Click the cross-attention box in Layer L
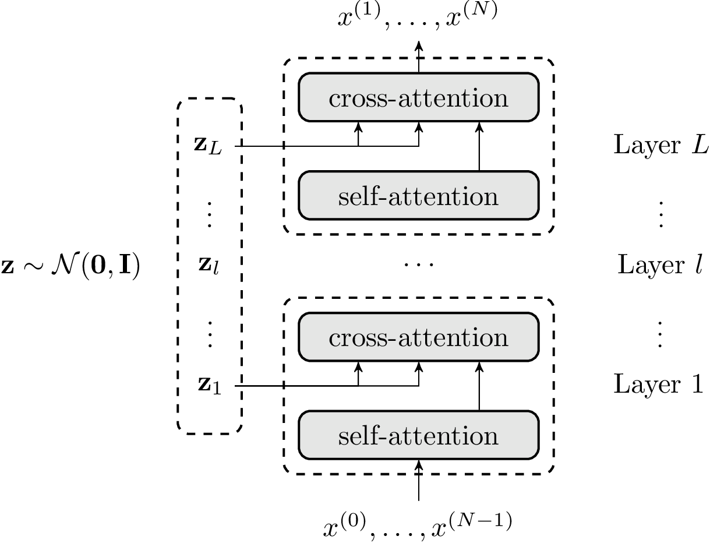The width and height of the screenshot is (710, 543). (x=418, y=97)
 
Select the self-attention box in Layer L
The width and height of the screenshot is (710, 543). (x=418, y=196)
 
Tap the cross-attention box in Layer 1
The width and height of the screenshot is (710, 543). (x=418, y=337)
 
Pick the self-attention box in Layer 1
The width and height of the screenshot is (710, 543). (x=418, y=435)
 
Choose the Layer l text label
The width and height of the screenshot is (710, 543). (x=660, y=265)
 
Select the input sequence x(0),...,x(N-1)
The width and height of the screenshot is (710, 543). (x=418, y=526)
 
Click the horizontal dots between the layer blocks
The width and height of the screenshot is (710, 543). (x=418, y=266)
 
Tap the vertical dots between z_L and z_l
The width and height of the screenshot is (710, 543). (x=209, y=216)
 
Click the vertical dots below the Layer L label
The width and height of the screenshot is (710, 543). (x=660, y=216)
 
